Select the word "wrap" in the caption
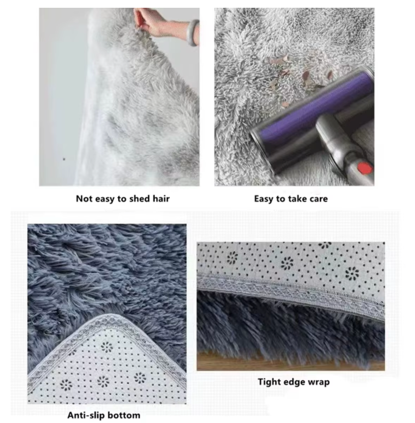(318, 382)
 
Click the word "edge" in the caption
(295, 382)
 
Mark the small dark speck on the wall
(64, 159)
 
